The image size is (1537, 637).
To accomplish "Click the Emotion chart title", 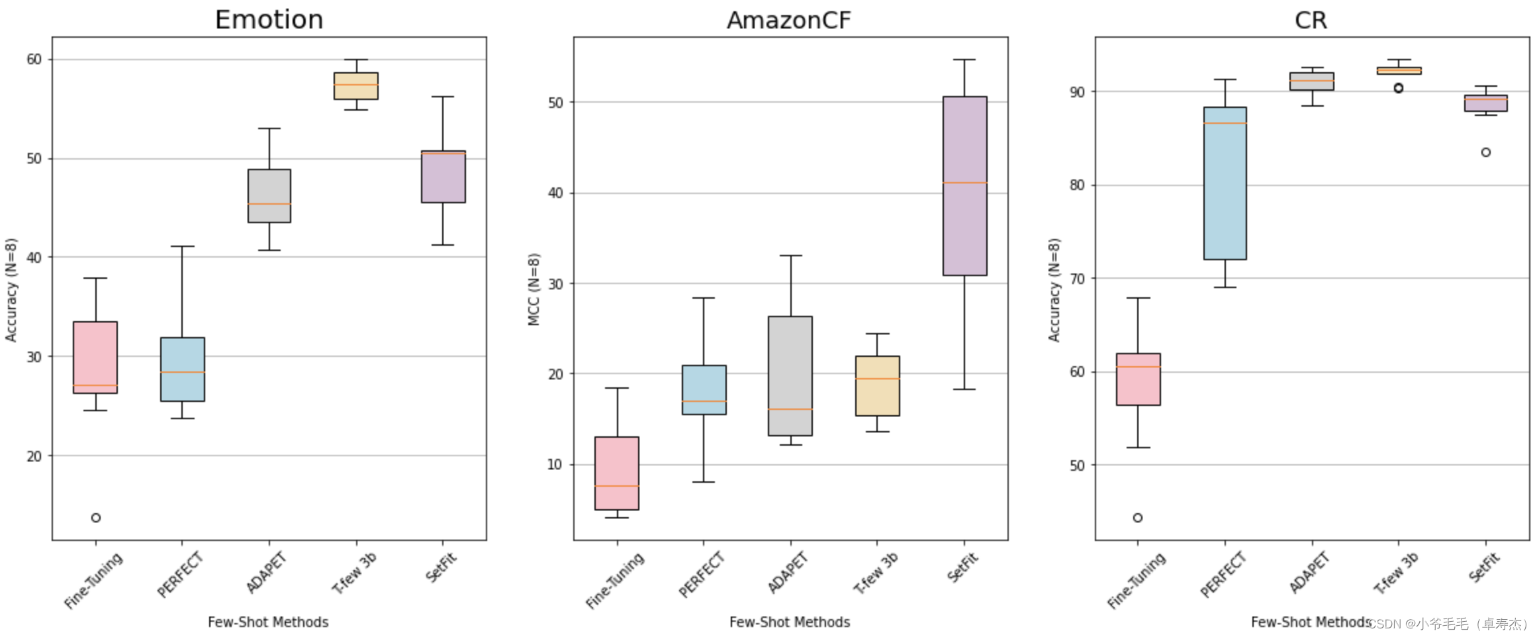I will tap(269, 20).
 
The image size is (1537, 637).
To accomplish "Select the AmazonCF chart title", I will tap(788, 21).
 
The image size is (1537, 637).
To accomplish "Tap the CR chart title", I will tap(1311, 21).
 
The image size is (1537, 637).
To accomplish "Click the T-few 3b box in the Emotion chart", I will tap(356, 86).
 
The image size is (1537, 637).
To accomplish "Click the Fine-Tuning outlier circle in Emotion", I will tap(96, 518).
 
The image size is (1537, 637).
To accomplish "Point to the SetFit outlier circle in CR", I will tap(1486, 152).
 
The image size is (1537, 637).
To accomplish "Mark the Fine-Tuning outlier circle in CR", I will tap(1138, 518).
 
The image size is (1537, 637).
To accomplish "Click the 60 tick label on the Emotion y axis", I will tap(34, 60).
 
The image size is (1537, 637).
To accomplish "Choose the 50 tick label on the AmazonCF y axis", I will tap(555, 103).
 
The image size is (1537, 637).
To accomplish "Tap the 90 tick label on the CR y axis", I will tap(1077, 92).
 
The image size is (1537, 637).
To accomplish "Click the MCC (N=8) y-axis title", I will tap(534, 289).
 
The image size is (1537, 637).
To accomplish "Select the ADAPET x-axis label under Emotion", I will tap(266, 573).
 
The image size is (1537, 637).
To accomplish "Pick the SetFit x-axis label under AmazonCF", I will tap(962, 568).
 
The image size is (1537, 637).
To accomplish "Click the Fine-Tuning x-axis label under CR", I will tap(1136, 581).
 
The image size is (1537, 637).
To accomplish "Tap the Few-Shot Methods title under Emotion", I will tap(268, 622).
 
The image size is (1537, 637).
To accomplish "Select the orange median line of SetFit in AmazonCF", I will tap(964, 183).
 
